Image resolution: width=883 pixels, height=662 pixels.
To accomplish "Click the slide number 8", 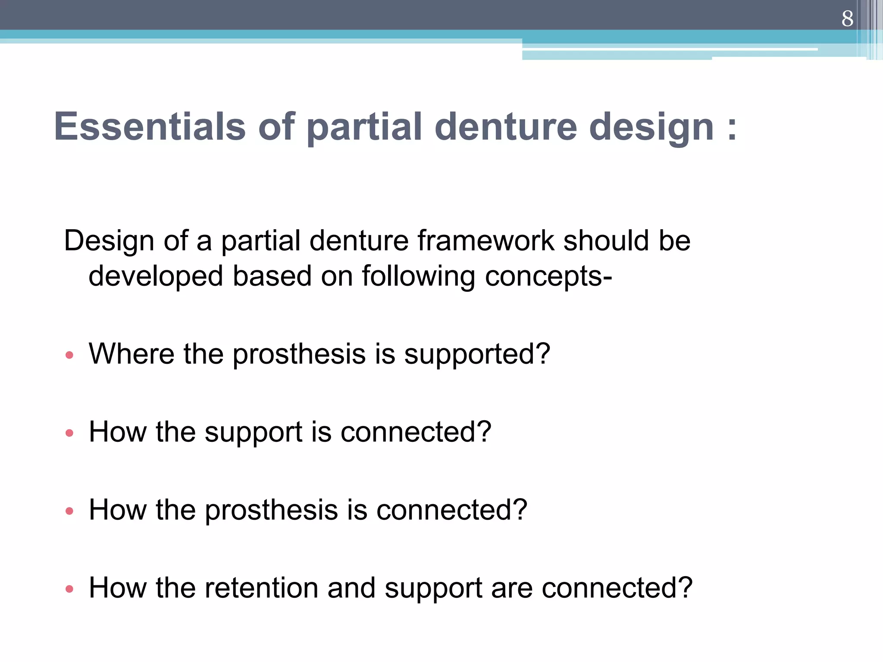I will pyautogui.click(x=847, y=19).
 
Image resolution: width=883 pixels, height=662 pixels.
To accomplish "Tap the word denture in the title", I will pyautogui.click(x=506, y=127).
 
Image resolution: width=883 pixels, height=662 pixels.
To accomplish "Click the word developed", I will pyautogui.click(x=156, y=276).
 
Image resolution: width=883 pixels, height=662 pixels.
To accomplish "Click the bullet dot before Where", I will pyautogui.click(x=69, y=355).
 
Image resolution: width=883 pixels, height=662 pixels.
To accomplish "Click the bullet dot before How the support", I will pyautogui.click(x=69, y=433).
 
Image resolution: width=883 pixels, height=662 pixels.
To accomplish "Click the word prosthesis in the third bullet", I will pyautogui.click(x=271, y=511).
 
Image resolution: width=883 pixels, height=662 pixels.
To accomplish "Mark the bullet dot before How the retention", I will pyautogui.click(x=69, y=589).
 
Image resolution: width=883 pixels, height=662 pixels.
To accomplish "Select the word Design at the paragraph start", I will pyautogui.click(x=109, y=241).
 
